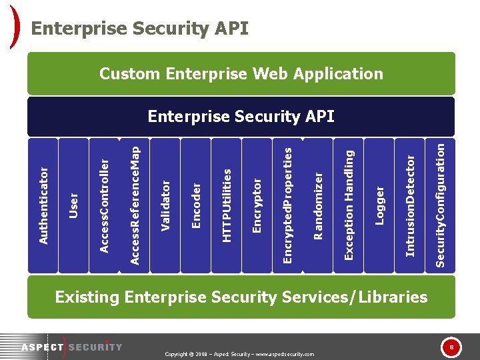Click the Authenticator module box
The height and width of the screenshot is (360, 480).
(x=42, y=205)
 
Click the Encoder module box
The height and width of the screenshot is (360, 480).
(x=195, y=205)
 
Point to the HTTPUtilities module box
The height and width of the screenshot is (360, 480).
(x=226, y=205)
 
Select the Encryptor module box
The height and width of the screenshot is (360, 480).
(x=257, y=205)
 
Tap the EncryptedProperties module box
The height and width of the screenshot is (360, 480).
(x=287, y=205)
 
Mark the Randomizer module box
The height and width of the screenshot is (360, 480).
(x=318, y=205)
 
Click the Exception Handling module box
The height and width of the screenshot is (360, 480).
(x=348, y=205)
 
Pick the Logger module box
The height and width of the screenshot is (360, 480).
(x=379, y=205)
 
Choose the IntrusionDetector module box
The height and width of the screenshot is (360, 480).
(x=409, y=205)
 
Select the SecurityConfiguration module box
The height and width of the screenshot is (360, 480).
(x=440, y=205)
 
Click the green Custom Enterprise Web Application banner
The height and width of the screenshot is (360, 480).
(x=241, y=73)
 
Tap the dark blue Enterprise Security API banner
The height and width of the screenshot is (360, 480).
(x=241, y=117)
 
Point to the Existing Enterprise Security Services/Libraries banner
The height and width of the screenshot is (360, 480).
(x=241, y=297)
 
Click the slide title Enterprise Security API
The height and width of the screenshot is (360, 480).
(x=140, y=29)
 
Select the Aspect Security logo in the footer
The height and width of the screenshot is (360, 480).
(x=71, y=347)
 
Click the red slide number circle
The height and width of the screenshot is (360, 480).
(x=451, y=347)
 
